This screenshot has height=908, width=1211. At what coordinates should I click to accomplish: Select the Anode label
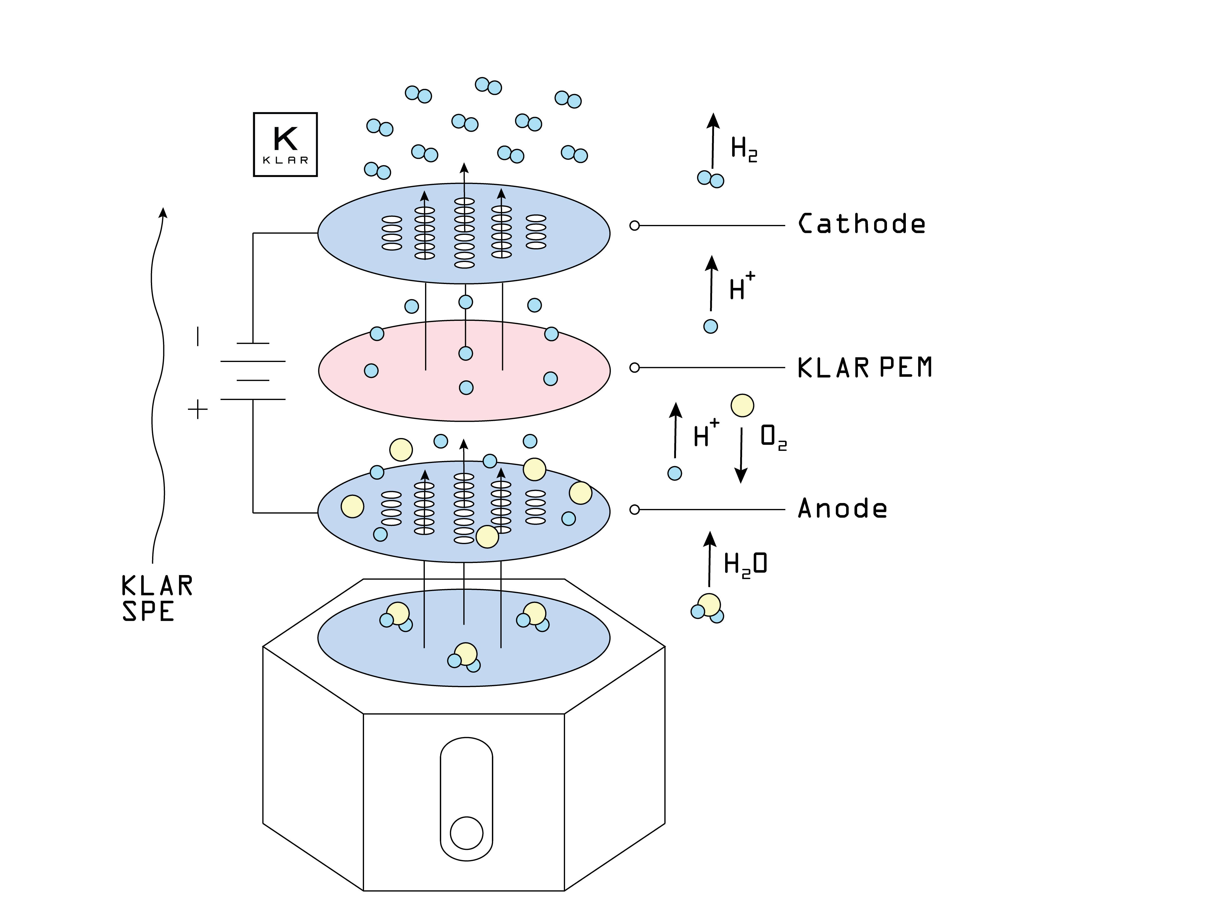click(x=842, y=508)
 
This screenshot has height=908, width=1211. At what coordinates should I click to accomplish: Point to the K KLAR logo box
click(x=285, y=145)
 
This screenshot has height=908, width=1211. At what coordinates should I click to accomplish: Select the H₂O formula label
click(x=745, y=564)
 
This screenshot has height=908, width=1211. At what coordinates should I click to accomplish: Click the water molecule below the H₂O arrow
click(x=708, y=608)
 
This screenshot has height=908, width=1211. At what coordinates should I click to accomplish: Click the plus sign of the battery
click(x=198, y=409)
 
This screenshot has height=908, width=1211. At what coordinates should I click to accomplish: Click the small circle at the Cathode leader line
click(x=635, y=225)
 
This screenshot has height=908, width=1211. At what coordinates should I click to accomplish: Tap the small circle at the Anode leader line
click(x=635, y=509)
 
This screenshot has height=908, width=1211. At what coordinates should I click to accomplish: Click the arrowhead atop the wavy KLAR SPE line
click(x=163, y=212)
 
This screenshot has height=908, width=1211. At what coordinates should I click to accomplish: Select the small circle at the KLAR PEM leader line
click(x=635, y=368)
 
